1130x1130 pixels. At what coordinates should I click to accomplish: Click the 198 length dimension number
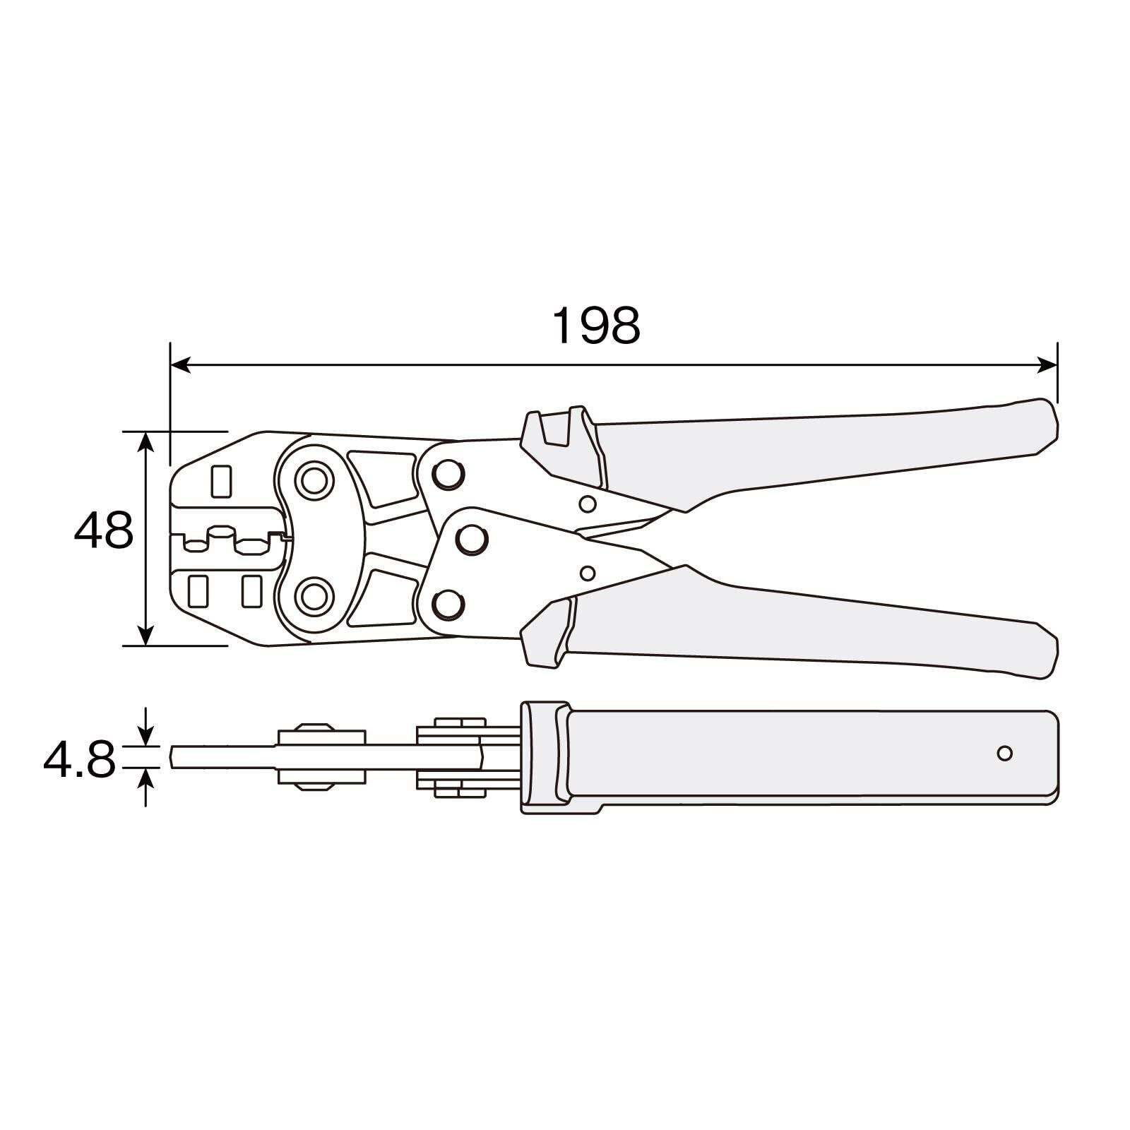(596, 326)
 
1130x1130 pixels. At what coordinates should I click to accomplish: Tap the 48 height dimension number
(104, 530)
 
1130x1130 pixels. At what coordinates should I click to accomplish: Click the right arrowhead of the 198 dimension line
(1047, 365)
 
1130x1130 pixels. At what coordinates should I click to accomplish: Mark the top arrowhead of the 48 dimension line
(145, 442)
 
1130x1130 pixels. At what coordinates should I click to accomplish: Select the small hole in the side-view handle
(1004, 753)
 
